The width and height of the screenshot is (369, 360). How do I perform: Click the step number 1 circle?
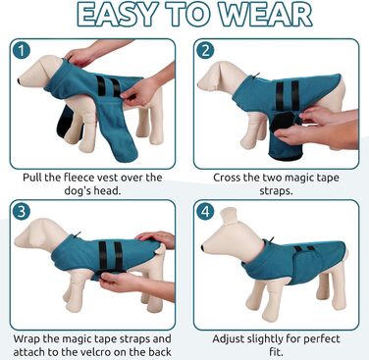point(22,51)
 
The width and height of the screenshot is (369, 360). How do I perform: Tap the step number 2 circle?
point(205,51)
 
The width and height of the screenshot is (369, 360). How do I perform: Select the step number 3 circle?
point(22,211)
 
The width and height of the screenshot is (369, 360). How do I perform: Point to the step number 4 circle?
point(205,211)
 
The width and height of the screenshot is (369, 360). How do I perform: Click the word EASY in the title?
point(117,16)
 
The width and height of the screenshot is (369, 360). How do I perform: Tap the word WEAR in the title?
point(265,16)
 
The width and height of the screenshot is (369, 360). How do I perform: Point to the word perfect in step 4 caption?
point(321,339)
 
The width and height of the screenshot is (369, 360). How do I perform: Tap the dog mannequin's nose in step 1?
point(20,80)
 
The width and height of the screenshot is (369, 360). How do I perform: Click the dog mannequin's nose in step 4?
point(203,248)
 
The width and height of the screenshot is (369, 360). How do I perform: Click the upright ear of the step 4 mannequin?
point(229,216)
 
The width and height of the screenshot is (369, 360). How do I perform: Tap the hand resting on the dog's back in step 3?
point(156,237)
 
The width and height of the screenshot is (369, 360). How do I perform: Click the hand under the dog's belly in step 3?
point(122,281)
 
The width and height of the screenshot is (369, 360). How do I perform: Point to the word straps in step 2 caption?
point(276,190)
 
